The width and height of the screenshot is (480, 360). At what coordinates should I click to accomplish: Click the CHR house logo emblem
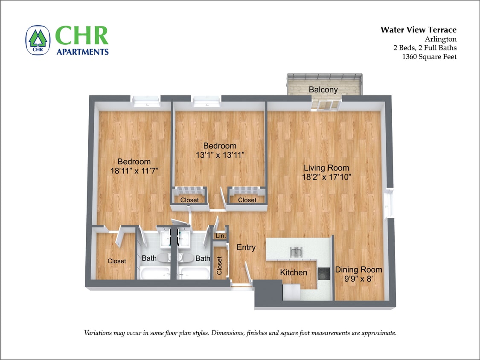point(38,41)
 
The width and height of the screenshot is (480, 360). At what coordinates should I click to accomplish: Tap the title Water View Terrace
point(418,30)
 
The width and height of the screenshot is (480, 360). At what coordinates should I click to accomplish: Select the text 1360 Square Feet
point(429,57)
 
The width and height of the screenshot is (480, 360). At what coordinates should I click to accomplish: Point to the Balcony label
point(323,90)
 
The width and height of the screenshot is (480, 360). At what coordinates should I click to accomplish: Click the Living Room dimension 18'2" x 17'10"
point(326,177)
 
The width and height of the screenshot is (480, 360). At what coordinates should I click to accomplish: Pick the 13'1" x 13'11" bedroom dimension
point(219,155)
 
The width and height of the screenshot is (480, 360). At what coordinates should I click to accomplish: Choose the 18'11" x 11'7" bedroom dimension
point(134,171)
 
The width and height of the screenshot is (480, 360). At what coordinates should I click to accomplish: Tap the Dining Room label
point(358,270)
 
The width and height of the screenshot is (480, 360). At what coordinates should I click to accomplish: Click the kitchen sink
point(295,252)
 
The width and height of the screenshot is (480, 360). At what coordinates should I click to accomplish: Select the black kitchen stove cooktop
point(324,272)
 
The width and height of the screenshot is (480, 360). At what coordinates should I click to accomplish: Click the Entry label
point(246,247)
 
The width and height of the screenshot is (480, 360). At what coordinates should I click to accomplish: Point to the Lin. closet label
point(221,236)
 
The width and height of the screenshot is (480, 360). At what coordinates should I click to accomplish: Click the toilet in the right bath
point(186,258)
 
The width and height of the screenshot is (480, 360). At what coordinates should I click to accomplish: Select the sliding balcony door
point(326,105)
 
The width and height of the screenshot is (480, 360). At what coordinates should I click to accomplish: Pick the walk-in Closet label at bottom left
point(116,261)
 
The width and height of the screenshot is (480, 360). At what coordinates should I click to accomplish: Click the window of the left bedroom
point(146,101)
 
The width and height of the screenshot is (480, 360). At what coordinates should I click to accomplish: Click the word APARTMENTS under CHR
point(82,52)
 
